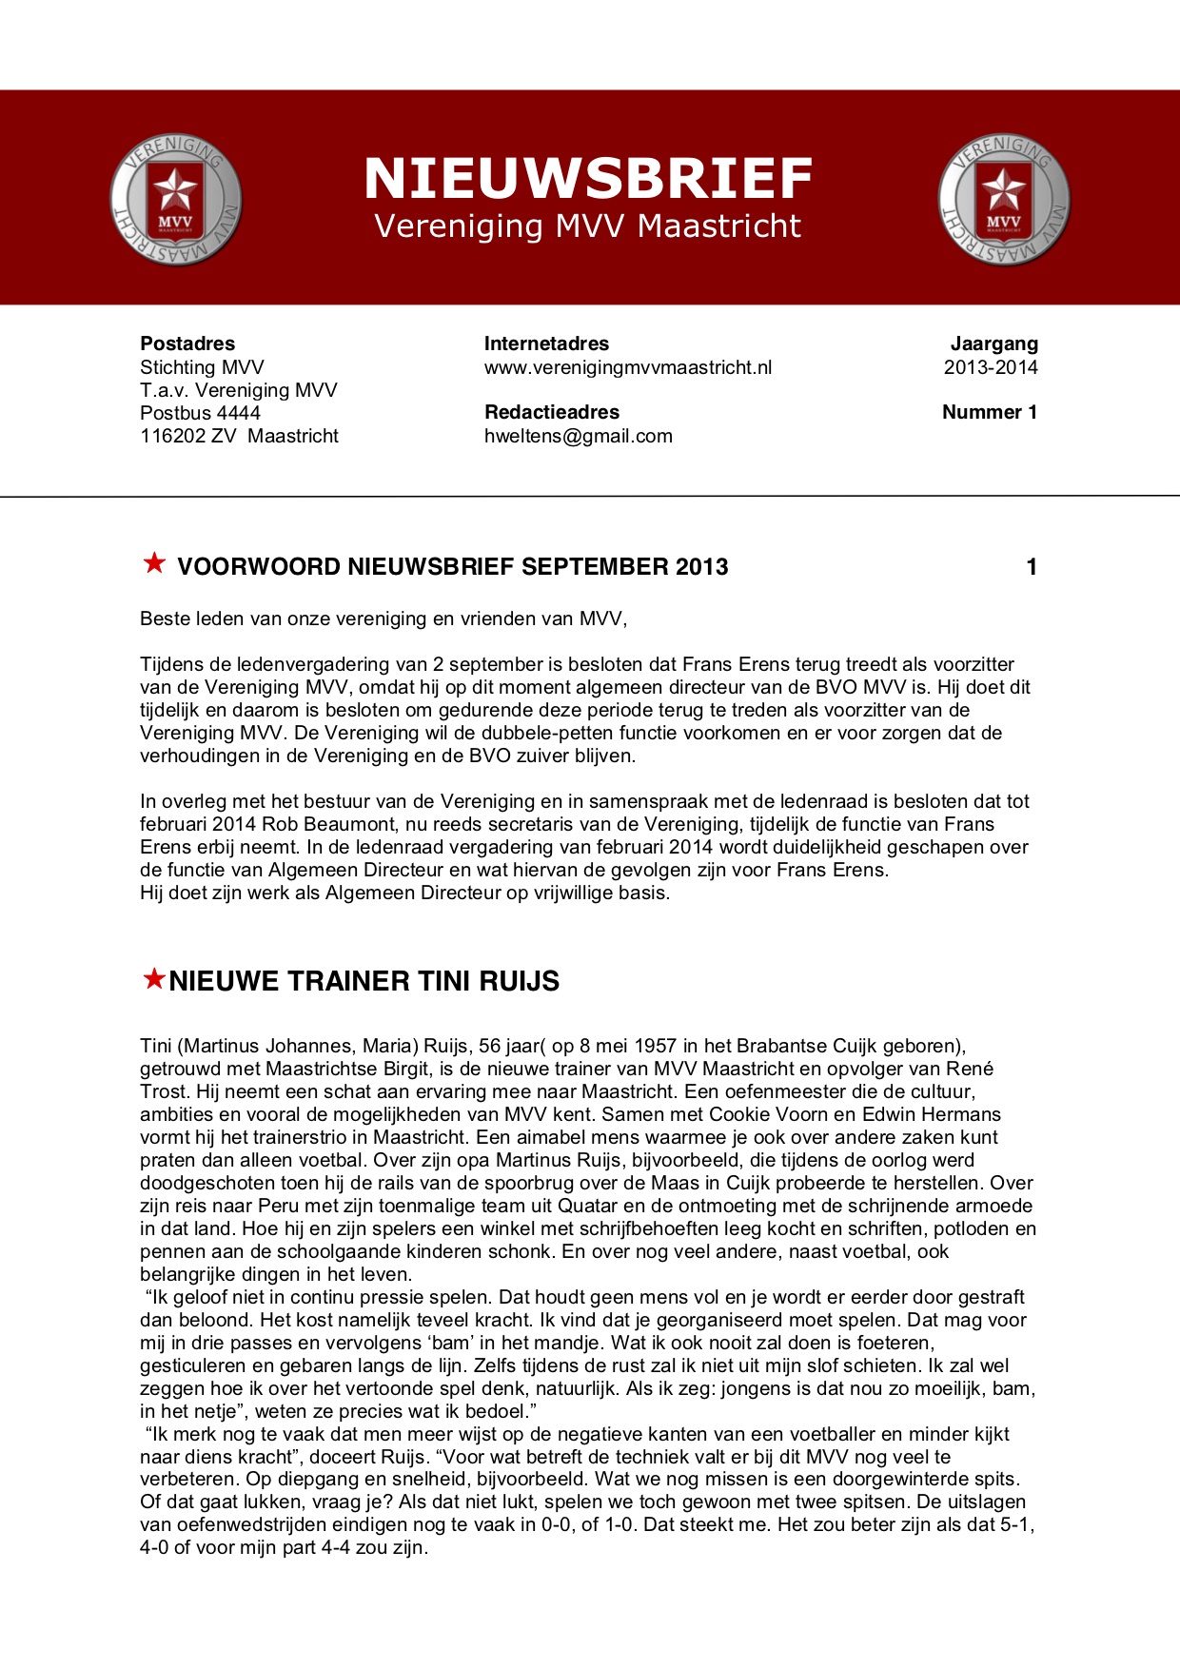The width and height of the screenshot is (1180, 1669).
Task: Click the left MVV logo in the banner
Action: tap(175, 200)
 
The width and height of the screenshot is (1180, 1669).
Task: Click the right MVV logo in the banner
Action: tap(1003, 200)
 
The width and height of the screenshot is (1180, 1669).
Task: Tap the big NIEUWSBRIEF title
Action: tap(588, 179)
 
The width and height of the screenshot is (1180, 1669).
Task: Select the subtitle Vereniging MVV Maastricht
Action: tap(588, 226)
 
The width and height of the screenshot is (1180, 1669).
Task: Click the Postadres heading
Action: tap(187, 344)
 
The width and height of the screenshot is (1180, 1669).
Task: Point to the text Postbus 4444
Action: tap(200, 413)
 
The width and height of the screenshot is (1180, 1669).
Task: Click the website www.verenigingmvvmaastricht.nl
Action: tap(628, 367)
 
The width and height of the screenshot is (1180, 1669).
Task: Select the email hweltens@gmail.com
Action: tap(579, 436)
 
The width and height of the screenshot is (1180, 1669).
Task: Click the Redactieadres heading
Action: tap(552, 412)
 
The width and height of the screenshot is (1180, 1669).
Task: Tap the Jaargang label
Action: tap(994, 344)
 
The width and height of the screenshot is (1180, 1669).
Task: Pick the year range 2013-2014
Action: tap(991, 367)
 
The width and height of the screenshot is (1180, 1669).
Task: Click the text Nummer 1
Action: tap(990, 412)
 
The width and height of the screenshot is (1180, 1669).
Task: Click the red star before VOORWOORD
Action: tap(154, 563)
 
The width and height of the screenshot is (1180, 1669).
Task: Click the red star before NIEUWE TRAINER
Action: tap(153, 978)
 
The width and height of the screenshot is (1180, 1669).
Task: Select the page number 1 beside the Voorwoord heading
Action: tap(1032, 567)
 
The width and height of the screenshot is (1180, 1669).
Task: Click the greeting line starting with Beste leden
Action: tap(383, 619)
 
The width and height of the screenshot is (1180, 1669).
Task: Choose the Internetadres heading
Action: tap(546, 344)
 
